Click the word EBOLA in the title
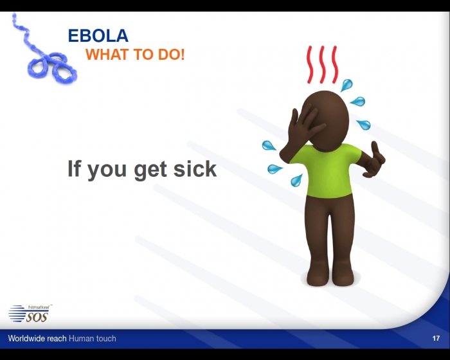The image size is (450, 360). coord(98,35)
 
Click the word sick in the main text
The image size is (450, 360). coord(195,168)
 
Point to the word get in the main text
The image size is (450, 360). coord(150,170)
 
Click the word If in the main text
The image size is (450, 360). coord(74,168)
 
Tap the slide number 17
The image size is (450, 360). coord(436,338)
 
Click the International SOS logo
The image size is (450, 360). coord(30,313)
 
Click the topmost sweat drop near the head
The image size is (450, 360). coord(346,85)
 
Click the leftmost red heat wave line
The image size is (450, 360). coord(310,64)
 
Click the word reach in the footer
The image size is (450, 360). coord(57,338)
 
